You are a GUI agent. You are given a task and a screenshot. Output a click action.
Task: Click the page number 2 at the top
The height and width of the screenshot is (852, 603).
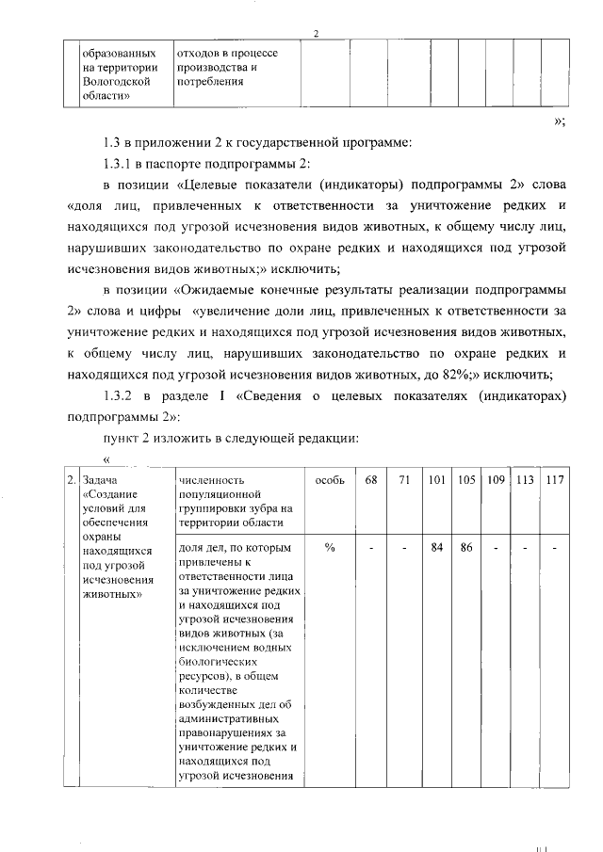(317, 35)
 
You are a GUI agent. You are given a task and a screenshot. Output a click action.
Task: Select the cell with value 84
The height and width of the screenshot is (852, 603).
(436, 548)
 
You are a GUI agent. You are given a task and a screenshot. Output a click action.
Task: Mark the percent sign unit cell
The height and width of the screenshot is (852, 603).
(330, 548)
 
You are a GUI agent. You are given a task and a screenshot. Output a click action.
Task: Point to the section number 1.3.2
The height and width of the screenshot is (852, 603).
(123, 396)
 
